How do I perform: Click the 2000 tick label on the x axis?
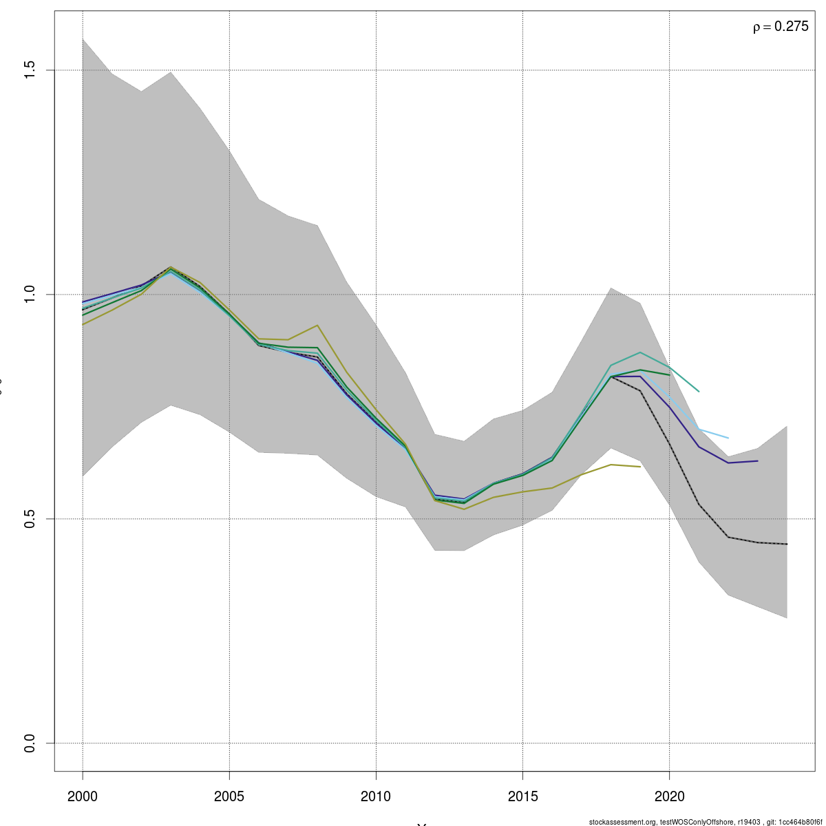(x=83, y=796)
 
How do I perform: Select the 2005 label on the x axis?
(x=229, y=796)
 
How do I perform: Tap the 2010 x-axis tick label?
(x=376, y=796)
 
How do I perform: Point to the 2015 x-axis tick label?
(x=522, y=796)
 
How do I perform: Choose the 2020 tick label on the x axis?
(x=669, y=796)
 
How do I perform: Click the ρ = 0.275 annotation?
(x=781, y=27)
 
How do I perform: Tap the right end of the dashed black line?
(x=787, y=544)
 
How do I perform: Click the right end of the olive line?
(x=640, y=467)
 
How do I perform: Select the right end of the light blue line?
(x=728, y=438)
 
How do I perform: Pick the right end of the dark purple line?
(x=757, y=460)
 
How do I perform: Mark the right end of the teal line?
(x=699, y=392)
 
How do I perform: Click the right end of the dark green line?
(x=669, y=374)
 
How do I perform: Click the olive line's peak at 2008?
(x=317, y=325)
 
